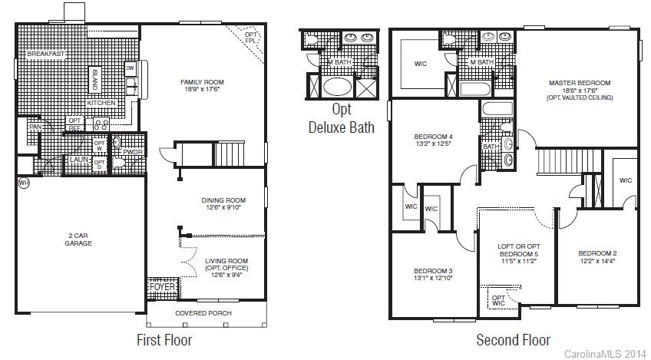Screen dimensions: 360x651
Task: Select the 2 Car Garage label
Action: (x=78, y=239)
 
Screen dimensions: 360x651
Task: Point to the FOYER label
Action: (x=163, y=287)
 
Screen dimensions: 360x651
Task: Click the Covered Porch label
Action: (x=203, y=313)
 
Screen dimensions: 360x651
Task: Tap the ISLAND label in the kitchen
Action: (x=95, y=79)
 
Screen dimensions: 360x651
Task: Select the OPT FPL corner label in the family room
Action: (x=250, y=37)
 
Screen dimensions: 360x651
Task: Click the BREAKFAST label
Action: (x=46, y=54)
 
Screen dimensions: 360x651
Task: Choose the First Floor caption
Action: (x=164, y=339)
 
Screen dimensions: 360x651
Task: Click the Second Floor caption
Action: (x=513, y=339)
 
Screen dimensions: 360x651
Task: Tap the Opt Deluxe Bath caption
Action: (x=342, y=118)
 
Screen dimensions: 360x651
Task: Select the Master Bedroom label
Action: (x=579, y=83)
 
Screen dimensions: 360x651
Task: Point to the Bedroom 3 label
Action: (x=433, y=271)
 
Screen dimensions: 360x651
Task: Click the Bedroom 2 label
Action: (x=597, y=253)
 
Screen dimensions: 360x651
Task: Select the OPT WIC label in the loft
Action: (x=498, y=300)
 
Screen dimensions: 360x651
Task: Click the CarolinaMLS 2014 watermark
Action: (x=605, y=354)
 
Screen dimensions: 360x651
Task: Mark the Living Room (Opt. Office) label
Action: (x=226, y=265)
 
